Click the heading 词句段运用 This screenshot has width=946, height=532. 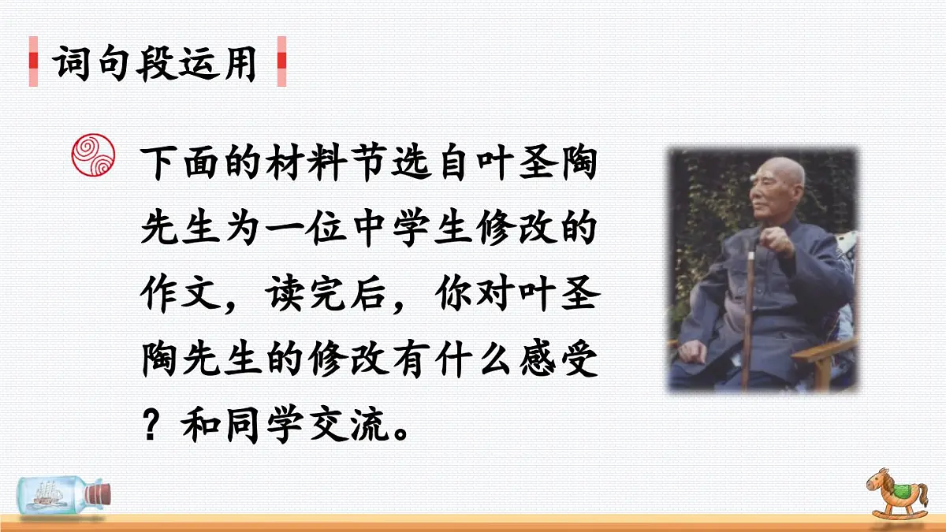pos(156,62)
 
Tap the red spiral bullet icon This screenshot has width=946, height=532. pos(93,155)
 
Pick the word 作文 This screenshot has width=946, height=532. pos(182,296)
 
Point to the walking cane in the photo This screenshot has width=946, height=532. pos(747,315)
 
